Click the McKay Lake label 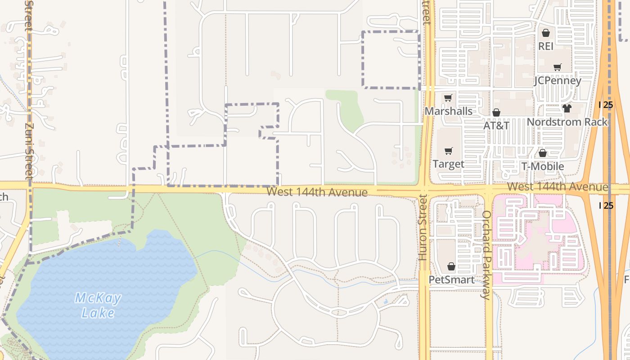point(98,305)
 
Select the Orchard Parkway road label point(486,255)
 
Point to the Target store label point(448,164)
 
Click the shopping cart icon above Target point(448,151)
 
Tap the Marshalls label point(449,111)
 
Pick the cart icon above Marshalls point(448,98)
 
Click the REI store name point(546,46)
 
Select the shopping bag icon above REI point(546,33)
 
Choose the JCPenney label point(558,81)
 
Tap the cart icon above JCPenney point(558,67)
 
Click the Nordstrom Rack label point(567,122)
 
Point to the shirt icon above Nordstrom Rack point(567,108)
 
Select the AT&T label point(496,126)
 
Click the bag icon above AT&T point(496,112)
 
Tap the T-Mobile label point(543,166)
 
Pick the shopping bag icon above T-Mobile point(543,153)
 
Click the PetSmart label point(451,280)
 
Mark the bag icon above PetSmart point(451,267)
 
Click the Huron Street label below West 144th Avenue point(422,228)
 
